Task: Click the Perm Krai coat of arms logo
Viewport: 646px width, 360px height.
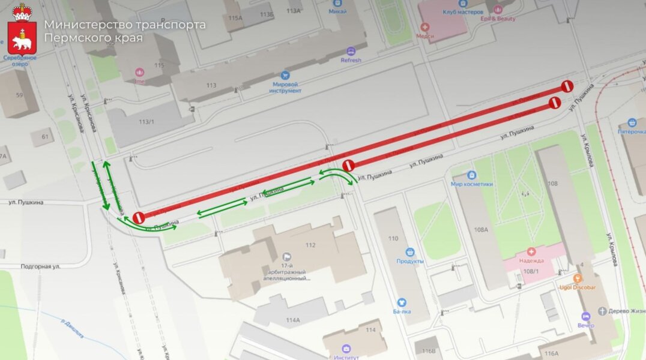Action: [22, 29]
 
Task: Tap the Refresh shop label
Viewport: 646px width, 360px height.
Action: [351, 60]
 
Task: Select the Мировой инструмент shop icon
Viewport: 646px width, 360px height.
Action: [285, 76]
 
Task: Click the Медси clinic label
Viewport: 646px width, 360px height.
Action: [424, 35]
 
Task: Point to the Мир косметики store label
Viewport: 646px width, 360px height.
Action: [472, 184]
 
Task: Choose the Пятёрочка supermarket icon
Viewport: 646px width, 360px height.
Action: [632, 122]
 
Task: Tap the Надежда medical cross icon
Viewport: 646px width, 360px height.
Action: [531, 252]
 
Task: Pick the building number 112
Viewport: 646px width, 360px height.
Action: [310, 244]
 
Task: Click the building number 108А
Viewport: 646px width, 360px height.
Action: [480, 229]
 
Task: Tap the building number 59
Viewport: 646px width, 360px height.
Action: [19, 95]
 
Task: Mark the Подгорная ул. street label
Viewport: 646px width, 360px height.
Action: [40, 266]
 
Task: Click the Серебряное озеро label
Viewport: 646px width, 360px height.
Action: [20, 61]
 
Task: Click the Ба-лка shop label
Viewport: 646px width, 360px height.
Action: [402, 311]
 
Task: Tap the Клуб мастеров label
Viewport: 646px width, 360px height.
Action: [463, 11]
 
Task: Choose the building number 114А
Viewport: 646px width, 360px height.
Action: [293, 320]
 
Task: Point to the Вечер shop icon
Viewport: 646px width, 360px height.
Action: [586, 316]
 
